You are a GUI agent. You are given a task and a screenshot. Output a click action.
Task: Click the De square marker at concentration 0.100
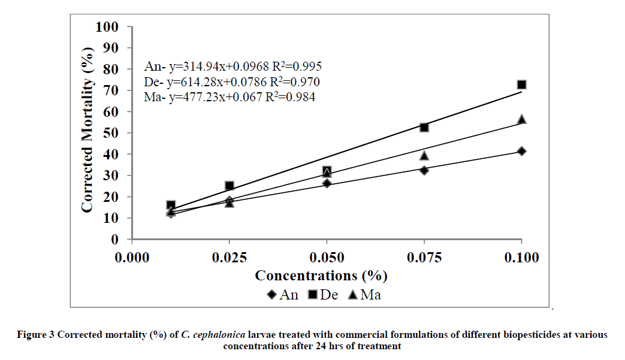click(521, 85)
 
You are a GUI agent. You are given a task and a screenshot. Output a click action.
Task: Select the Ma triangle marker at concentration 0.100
click(521, 119)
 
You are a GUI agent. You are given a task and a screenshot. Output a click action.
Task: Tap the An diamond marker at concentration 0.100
click(521, 151)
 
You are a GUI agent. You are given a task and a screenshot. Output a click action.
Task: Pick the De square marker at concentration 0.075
click(424, 128)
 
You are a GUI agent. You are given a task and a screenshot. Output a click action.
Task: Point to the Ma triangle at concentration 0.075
click(424, 156)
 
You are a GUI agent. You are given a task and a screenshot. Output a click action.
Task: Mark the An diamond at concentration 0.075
click(424, 170)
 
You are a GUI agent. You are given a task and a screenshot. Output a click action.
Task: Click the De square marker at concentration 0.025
click(230, 186)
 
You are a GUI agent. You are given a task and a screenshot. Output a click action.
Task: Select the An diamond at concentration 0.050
click(327, 183)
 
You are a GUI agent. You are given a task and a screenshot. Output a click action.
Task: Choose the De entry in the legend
click(324, 295)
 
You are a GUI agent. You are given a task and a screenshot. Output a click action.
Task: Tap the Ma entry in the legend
click(365, 295)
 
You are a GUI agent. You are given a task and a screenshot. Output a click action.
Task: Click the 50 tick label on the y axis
click(110, 133)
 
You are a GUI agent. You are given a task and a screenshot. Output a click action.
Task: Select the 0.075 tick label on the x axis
click(424, 258)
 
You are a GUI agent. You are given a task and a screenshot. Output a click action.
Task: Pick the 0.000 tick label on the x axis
click(132, 258)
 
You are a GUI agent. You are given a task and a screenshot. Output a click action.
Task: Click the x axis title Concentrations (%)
click(321, 276)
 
